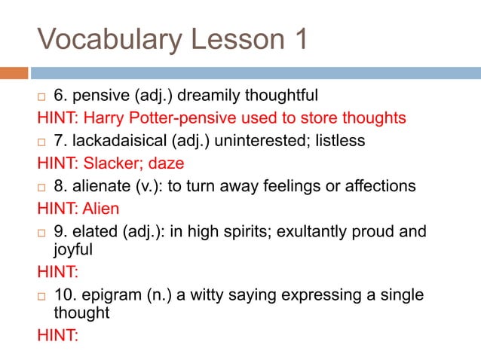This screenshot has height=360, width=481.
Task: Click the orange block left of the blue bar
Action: click(x=14, y=73)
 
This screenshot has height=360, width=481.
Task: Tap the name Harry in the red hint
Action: click(x=103, y=118)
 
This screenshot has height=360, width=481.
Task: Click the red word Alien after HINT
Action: click(x=102, y=208)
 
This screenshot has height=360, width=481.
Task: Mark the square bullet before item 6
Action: click(x=42, y=96)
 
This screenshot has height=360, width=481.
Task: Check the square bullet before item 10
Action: click(x=42, y=295)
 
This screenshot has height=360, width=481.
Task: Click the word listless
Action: click(x=341, y=141)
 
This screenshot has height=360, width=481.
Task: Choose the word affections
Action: click(x=379, y=186)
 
